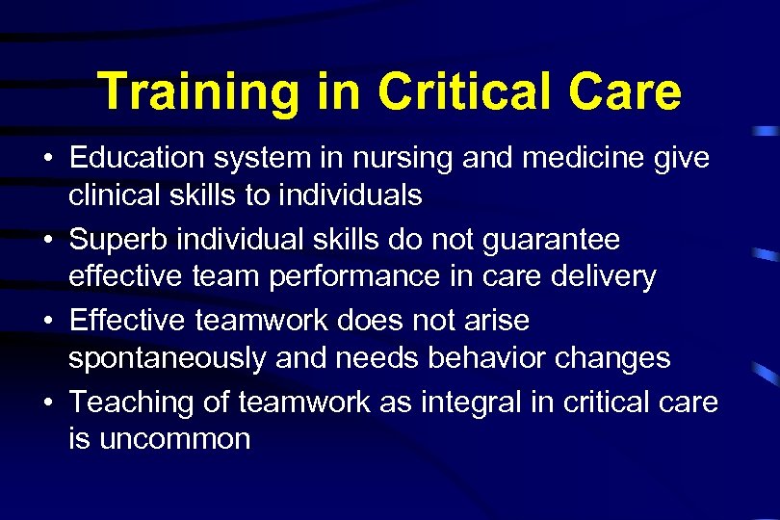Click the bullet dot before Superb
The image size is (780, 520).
point(46,239)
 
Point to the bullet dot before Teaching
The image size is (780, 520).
point(46,401)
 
